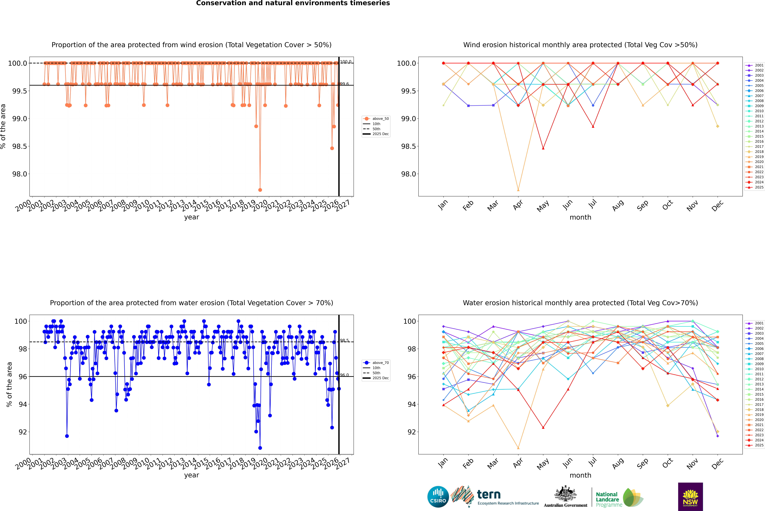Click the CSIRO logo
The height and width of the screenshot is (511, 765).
tap(438, 497)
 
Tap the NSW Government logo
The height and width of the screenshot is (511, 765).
tap(690, 497)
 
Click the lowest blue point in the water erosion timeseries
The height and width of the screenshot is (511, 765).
tap(260, 448)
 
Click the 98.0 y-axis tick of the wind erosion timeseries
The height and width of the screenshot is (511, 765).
tap(20, 174)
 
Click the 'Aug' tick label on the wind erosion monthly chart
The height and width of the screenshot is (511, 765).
tap(618, 205)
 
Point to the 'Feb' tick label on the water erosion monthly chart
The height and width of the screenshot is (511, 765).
tap(468, 463)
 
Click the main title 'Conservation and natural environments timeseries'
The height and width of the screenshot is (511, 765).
tap(293, 3)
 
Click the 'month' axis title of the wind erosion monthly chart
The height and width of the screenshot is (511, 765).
tap(580, 217)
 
